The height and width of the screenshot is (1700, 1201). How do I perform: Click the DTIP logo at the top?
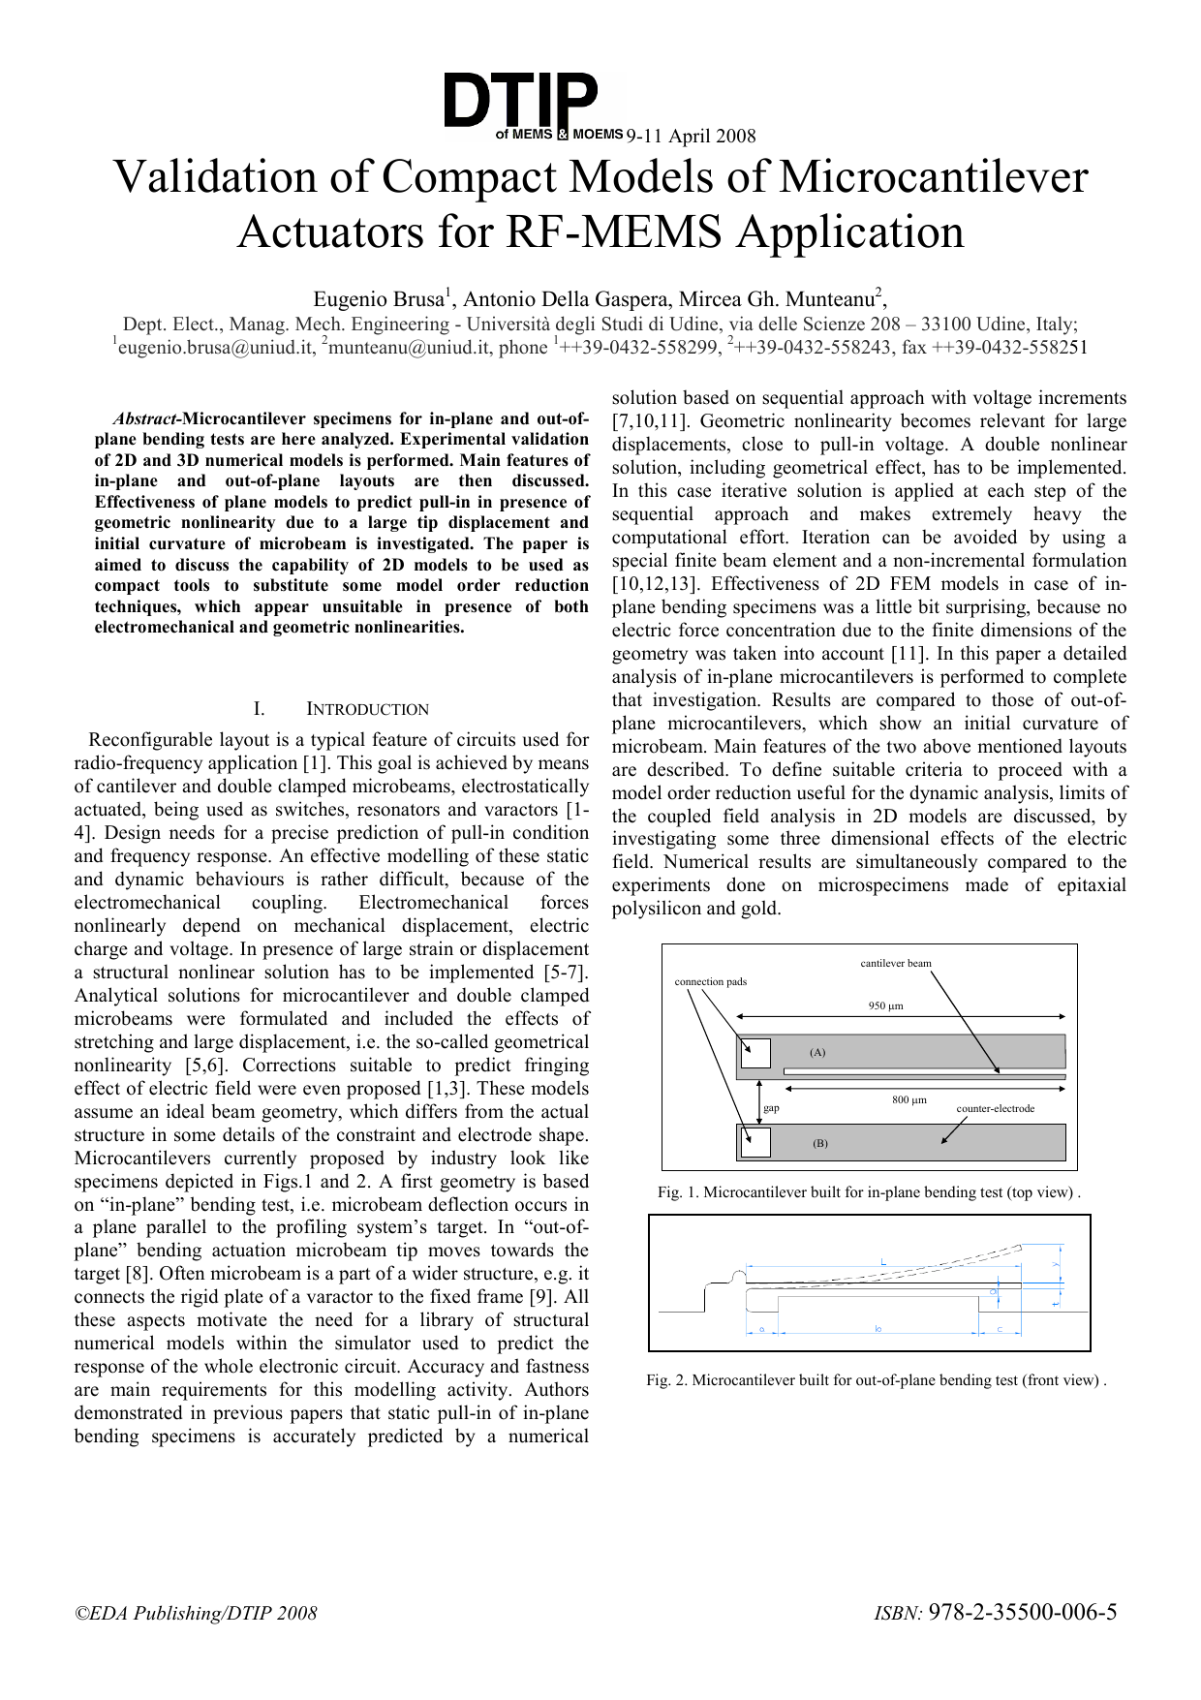523,101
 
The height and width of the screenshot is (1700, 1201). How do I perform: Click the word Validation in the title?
242,178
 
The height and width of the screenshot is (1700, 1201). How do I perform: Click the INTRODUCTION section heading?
367,709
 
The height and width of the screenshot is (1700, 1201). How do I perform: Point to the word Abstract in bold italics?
145,419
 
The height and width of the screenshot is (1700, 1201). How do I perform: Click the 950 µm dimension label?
885,1005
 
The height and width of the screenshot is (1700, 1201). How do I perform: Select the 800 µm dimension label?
908,1099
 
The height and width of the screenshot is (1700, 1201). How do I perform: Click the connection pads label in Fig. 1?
710,981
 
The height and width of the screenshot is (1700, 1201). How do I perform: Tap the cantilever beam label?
896,963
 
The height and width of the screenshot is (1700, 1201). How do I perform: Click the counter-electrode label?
995,1108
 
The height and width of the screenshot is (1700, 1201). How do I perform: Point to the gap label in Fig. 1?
771,1108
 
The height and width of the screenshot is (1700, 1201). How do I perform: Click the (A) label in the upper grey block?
817,1052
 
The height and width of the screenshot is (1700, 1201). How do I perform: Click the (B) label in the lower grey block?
819,1143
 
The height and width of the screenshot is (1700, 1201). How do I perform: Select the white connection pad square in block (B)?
754,1141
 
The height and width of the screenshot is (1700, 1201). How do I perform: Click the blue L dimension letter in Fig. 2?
883,1260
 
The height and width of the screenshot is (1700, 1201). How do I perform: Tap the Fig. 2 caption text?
877,1380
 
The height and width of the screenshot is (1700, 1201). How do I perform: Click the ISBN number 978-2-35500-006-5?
1022,1612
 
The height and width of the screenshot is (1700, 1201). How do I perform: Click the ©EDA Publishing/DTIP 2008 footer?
197,1613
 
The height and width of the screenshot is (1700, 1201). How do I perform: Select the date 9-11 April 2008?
691,136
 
